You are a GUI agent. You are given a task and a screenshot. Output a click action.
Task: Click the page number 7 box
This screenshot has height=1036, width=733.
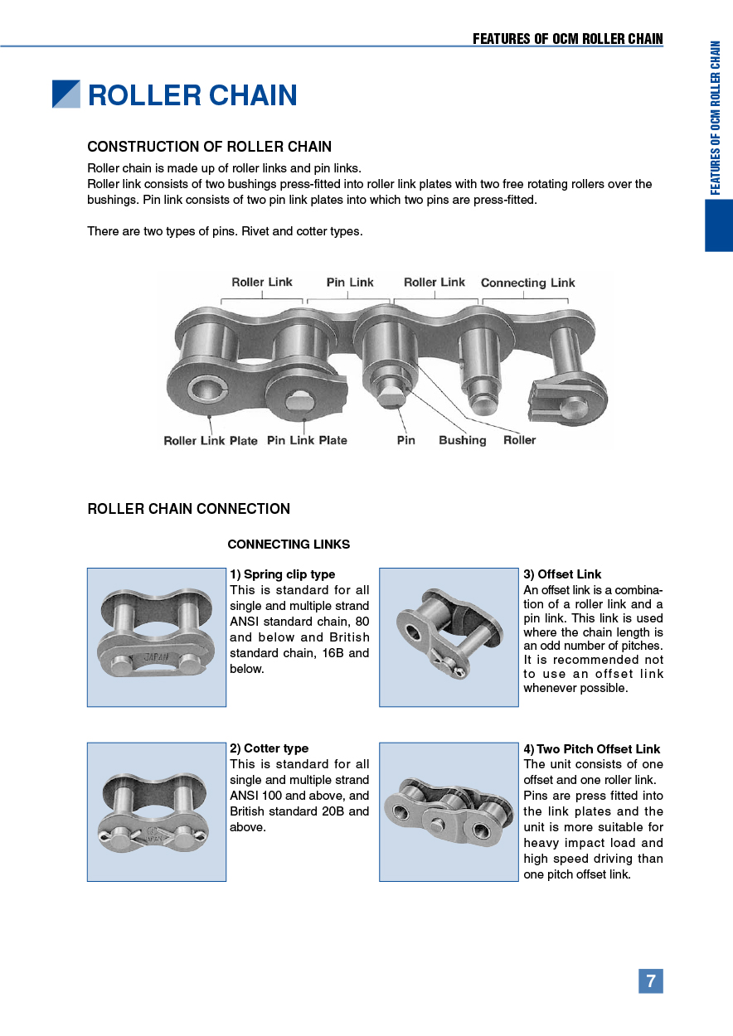point(650,981)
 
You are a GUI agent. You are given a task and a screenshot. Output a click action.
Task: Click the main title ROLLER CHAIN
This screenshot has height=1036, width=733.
point(192,95)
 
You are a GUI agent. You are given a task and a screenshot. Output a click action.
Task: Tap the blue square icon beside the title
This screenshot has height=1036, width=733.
point(66,94)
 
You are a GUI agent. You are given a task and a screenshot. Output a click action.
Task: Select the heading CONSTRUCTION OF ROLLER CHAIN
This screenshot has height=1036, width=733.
point(209,147)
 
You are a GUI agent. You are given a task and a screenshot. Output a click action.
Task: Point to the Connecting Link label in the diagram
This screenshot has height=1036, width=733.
point(527,283)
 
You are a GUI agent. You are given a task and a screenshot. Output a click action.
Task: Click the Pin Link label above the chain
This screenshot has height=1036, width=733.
point(350,283)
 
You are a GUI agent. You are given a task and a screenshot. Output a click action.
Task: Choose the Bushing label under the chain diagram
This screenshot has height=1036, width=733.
point(462,440)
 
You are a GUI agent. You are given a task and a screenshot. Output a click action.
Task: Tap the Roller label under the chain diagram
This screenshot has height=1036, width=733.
point(519,440)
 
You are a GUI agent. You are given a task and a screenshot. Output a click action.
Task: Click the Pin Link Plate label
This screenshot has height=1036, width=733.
point(307,440)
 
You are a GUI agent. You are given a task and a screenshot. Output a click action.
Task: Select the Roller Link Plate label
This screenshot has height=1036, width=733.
point(211,441)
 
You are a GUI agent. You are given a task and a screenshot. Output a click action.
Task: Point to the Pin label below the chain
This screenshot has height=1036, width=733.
point(405,440)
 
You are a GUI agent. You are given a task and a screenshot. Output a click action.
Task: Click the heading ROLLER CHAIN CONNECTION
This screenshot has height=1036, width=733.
point(188,509)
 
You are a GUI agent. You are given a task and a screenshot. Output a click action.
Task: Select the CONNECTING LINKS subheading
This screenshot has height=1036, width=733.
point(289,545)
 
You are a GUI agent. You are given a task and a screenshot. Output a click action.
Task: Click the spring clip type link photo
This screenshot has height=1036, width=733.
point(157,637)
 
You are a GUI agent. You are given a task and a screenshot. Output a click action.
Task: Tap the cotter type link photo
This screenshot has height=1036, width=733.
point(157,811)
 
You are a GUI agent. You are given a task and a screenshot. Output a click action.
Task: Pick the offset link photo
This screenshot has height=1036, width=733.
point(449,637)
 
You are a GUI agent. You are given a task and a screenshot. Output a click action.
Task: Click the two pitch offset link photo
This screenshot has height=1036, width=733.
point(449,811)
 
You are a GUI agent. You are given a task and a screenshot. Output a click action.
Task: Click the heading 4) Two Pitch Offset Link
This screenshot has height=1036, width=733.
point(591,749)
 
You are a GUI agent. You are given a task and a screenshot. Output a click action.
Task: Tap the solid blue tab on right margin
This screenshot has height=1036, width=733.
point(719,225)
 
